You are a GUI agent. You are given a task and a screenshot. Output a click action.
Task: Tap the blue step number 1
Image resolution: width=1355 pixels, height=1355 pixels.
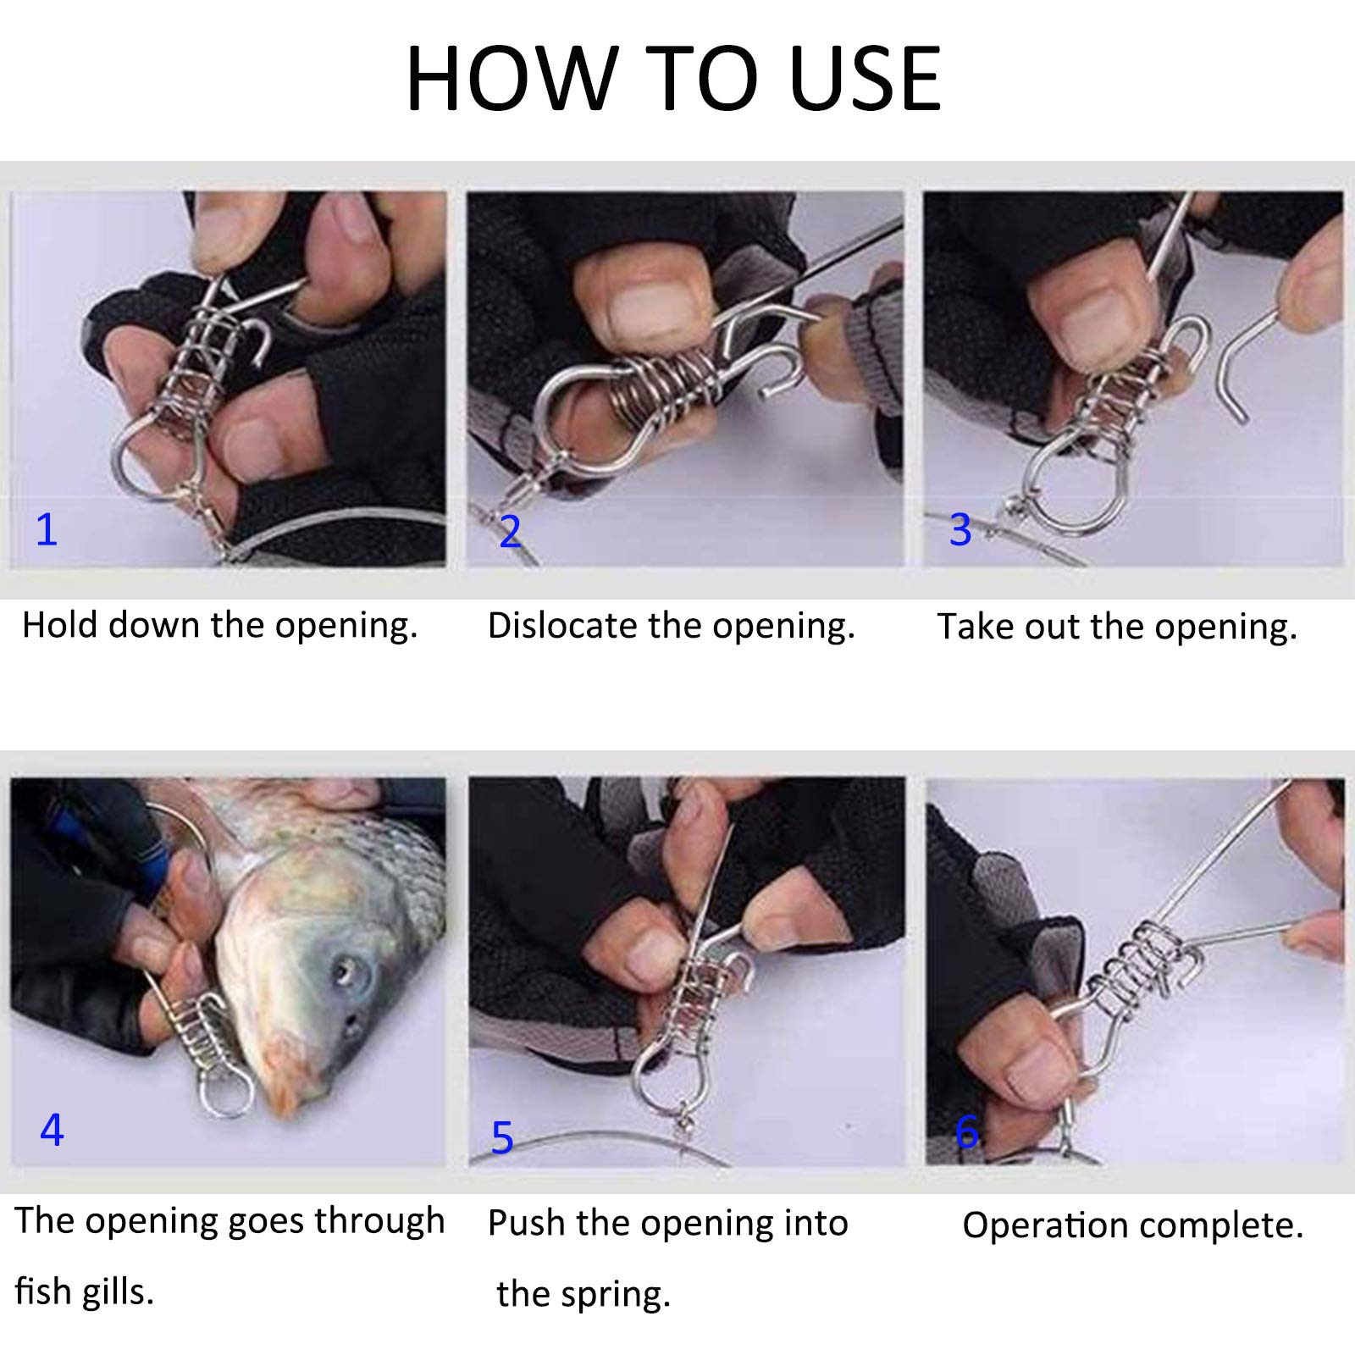click(x=47, y=529)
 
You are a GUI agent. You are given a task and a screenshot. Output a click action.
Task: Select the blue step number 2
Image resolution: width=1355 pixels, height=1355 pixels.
click(x=510, y=531)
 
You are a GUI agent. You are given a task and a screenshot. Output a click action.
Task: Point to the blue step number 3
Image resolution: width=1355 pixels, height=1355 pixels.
click(x=960, y=529)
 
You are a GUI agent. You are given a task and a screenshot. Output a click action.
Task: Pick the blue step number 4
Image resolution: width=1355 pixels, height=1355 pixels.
click(x=52, y=1129)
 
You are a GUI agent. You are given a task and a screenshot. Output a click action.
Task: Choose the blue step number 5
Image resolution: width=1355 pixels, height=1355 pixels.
click(x=502, y=1137)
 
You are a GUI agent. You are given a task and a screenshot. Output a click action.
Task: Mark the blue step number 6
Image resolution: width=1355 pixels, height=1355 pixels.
click(x=966, y=1131)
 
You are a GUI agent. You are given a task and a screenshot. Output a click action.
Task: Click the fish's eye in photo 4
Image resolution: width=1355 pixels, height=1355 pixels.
click(x=344, y=963)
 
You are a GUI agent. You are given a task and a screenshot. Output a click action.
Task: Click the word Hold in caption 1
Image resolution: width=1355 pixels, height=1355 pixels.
click(x=61, y=625)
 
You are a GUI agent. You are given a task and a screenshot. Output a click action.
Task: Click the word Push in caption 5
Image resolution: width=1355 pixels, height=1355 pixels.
click(x=525, y=1224)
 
